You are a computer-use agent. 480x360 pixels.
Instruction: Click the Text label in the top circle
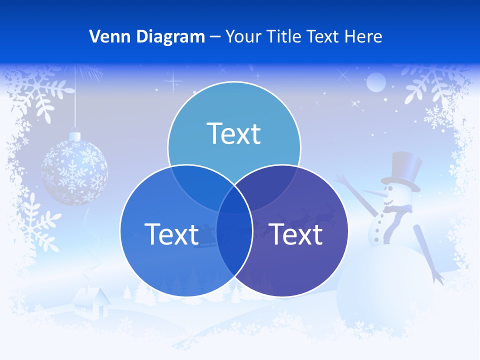[x=234, y=133]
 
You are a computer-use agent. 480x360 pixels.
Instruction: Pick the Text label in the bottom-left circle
[x=171, y=234]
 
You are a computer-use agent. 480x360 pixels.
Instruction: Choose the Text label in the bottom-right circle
[x=296, y=234]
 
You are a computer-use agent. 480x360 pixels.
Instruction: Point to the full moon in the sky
[x=376, y=82]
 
